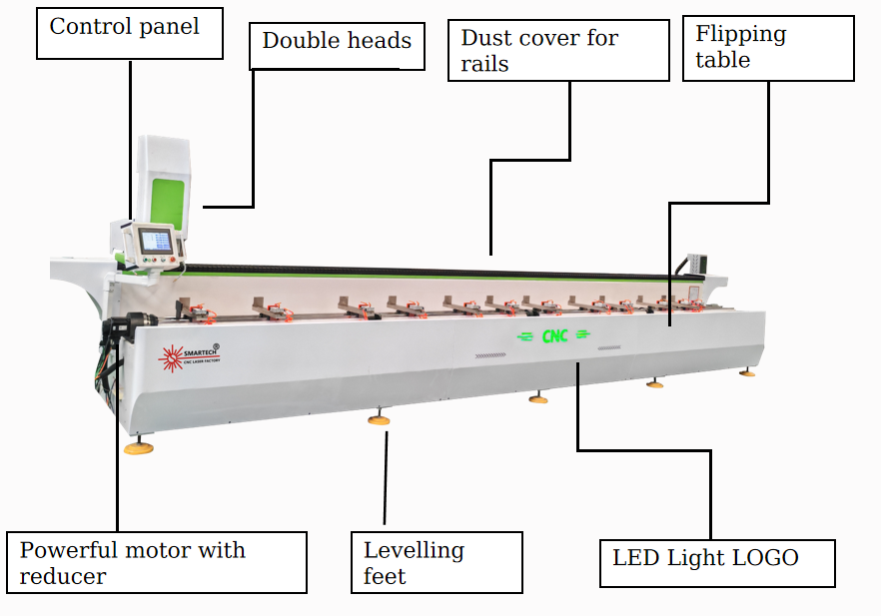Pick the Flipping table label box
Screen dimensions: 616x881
[x=769, y=47]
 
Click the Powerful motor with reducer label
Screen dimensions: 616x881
[x=156, y=563]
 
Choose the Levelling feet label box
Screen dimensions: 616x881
[x=436, y=563]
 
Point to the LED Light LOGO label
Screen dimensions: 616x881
[x=716, y=559]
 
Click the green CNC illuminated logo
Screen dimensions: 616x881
[x=554, y=336]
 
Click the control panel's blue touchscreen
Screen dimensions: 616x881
[x=156, y=240]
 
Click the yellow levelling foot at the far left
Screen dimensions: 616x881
[x=138, y=448]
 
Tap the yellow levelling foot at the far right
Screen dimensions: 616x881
[x=747, y=373]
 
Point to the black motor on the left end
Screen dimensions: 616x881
[x=128, y=325]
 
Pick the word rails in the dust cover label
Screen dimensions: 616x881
[x=484, y=65]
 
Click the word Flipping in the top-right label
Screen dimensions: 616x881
[x=740, y=35]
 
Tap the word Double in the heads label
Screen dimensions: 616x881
[x=294, y=41]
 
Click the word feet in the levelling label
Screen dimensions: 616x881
[x=385, y=577]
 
